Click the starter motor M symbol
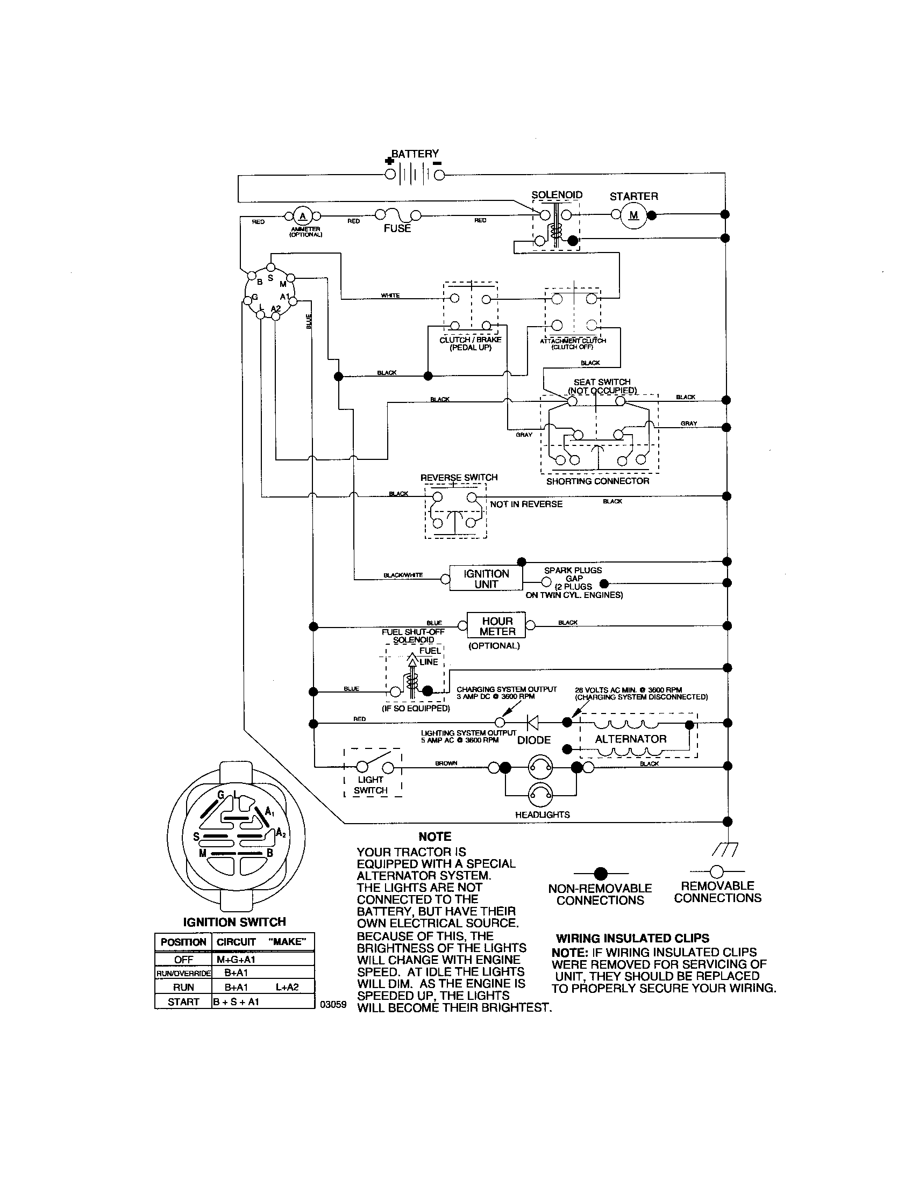click(x=633, y=215)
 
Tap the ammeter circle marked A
click(x=303, y=217)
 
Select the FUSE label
click(x=397, y=228)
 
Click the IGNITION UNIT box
click(x=486, y=579)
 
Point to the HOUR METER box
click(x=497, y=626)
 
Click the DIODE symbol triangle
click(x=533, y=722)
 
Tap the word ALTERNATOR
click(x=630, y=739)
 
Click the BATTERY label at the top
click(x=415, y=154)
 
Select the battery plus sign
click(x=388, y=161)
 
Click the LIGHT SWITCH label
click(x=370, y=785)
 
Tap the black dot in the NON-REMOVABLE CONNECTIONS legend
click(x=600, y=873)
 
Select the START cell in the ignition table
click(x=183, y=1001)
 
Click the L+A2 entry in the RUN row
click(x=287, y=986)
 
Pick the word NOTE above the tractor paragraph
click(x=434, y=837)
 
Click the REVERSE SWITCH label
click(x=459, y=477)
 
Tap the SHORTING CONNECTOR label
click(x=597, y=481)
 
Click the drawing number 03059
click(x=333, y=1005)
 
